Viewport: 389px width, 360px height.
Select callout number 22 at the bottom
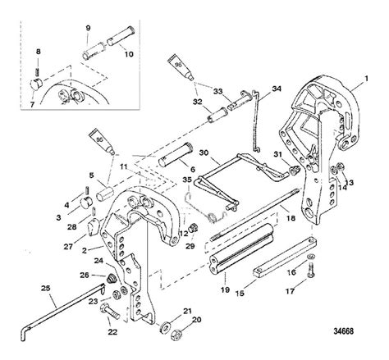click(x=112, y=331)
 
